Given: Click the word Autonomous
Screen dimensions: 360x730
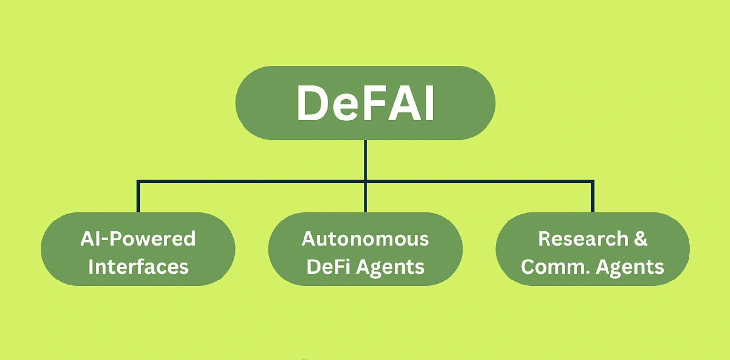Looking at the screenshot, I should coord(365,239).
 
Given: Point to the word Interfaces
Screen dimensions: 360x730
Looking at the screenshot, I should coord(139,267).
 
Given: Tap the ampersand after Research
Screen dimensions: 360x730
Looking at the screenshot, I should coord(641,239).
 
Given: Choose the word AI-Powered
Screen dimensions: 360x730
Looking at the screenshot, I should coord(138,239).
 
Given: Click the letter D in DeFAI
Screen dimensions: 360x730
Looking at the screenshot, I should coord(316,103).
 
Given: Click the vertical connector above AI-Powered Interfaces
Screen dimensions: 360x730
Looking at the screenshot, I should coord(138,197).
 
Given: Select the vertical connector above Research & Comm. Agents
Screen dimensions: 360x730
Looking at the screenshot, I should coord(592,197).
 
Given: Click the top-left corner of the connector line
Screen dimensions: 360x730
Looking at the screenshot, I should coord(138,181).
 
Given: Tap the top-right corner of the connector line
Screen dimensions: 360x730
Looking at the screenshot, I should coord(592,181).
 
